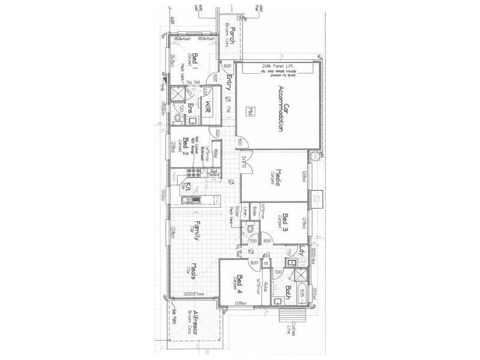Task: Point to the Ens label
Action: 190,108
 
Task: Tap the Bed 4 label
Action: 239,282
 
